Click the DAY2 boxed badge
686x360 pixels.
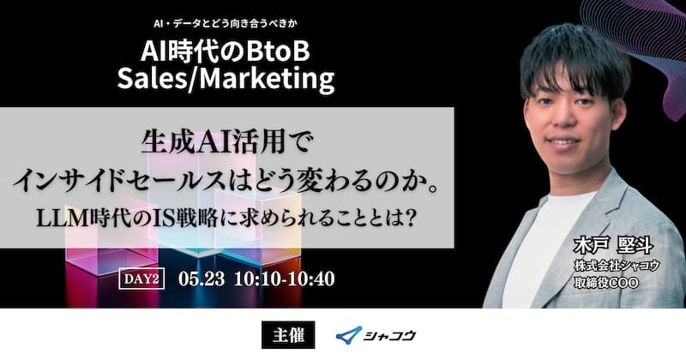[141, 279]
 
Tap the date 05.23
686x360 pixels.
[202, 279]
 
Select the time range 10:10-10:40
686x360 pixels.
[285, 279]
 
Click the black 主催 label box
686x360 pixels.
[288, 335]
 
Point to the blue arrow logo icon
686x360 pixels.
[349, 335]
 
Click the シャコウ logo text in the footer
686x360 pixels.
[389, 335]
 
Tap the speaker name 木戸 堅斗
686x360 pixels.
[612, 245]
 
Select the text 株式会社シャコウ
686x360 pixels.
[617, 265]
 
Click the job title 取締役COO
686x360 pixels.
[606, 283]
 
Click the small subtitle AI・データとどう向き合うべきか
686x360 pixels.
[225, 24]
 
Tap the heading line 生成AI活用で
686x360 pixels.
[226, 142]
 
